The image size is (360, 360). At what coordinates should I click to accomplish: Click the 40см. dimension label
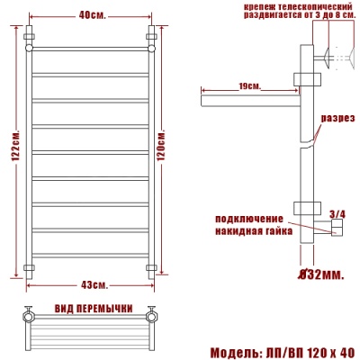click(91, 14)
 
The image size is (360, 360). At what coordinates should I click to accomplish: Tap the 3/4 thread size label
click(337, 213)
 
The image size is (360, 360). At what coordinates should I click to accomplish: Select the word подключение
click(248, 219)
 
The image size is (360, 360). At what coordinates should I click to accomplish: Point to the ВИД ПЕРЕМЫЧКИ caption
click(89, 310)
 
